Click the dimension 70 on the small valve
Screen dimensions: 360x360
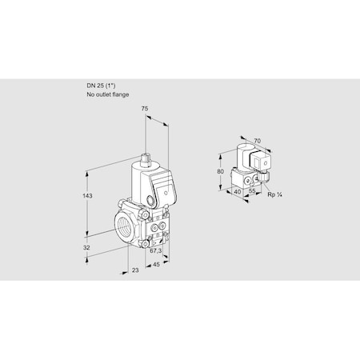(256, 142)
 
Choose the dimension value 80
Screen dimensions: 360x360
(221, 170)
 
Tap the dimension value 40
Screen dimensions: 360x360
(238, 193)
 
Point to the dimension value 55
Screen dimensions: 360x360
(252, 193)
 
